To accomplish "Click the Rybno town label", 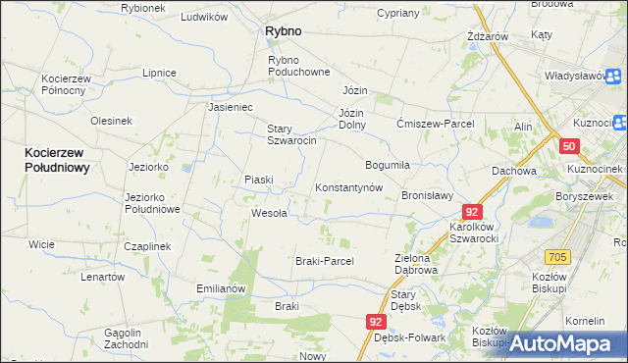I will [x=283, y=31].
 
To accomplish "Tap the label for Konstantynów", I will [x=347, y=187].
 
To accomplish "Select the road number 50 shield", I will [x=569, y=146].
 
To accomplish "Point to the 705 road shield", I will [x=557, y=257].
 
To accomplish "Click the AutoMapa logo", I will [x=564, y=343].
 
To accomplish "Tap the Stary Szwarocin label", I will [x=291, y=134].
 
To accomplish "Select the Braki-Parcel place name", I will [x=324, y=261].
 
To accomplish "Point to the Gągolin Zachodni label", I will [x=126, y=338].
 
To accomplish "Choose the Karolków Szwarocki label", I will [x=475, y=232].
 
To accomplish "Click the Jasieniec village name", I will [x=231, y=107].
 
